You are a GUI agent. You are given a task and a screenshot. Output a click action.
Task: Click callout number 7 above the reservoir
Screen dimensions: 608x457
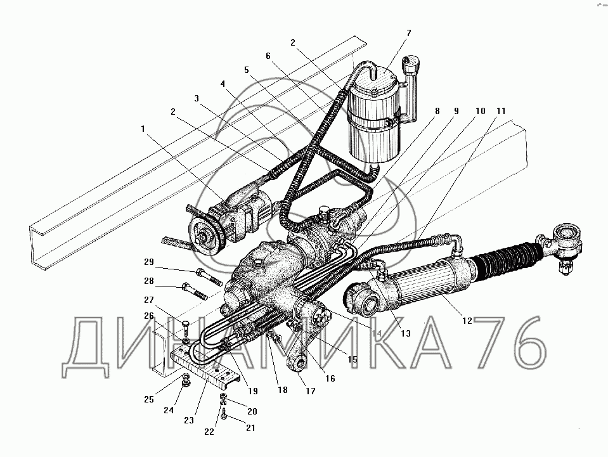409,34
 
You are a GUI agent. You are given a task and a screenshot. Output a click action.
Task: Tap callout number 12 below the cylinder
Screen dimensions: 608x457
467,321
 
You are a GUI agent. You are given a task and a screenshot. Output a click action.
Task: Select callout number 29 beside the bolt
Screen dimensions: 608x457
149,262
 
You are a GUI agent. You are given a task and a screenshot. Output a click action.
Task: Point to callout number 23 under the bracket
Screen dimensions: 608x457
189,420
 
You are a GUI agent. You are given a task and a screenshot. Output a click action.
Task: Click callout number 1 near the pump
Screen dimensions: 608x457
143,129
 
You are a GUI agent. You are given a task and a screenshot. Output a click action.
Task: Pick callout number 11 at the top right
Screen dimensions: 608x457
501,112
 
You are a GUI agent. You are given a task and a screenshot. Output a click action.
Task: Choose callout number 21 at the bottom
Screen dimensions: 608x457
250,428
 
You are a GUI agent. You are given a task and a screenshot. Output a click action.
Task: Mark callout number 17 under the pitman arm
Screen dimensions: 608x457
310,391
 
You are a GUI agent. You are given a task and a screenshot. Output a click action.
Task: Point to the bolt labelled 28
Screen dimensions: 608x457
195,292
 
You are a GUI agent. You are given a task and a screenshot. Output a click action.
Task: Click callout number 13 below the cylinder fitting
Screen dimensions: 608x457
405,333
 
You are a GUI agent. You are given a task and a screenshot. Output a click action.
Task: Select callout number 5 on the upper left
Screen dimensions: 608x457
247,70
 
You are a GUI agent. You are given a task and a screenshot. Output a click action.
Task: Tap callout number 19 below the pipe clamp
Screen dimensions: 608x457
253,391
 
